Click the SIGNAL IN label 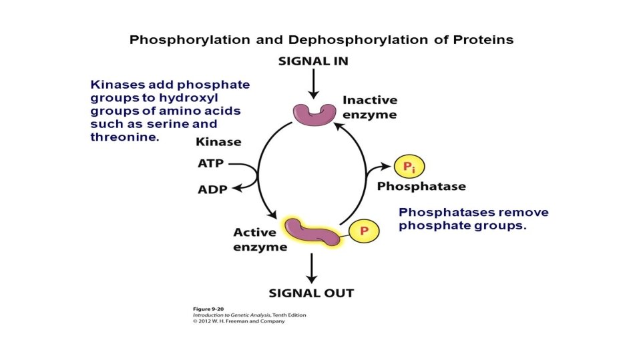pyautogui.click(x=312, y=61)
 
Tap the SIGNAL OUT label pyautogui.click(x=311, y=293)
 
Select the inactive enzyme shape pyautogui.click(x=313, y=113)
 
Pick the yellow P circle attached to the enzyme pyautogui.click(x=364, y=231)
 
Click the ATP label pyautogui.click(x=211, y=163)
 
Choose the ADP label pyautogui.click(x=212, y=189)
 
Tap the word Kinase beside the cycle pyautogui.click(x=218, y=142)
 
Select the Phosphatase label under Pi pyautogui.click(x=421, y=187)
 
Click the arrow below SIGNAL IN pyautogui.click(x=313, y=85)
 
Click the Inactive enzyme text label pyautogui.click(x=369, y=107)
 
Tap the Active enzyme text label pyautogui.click(x=260, y=239)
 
